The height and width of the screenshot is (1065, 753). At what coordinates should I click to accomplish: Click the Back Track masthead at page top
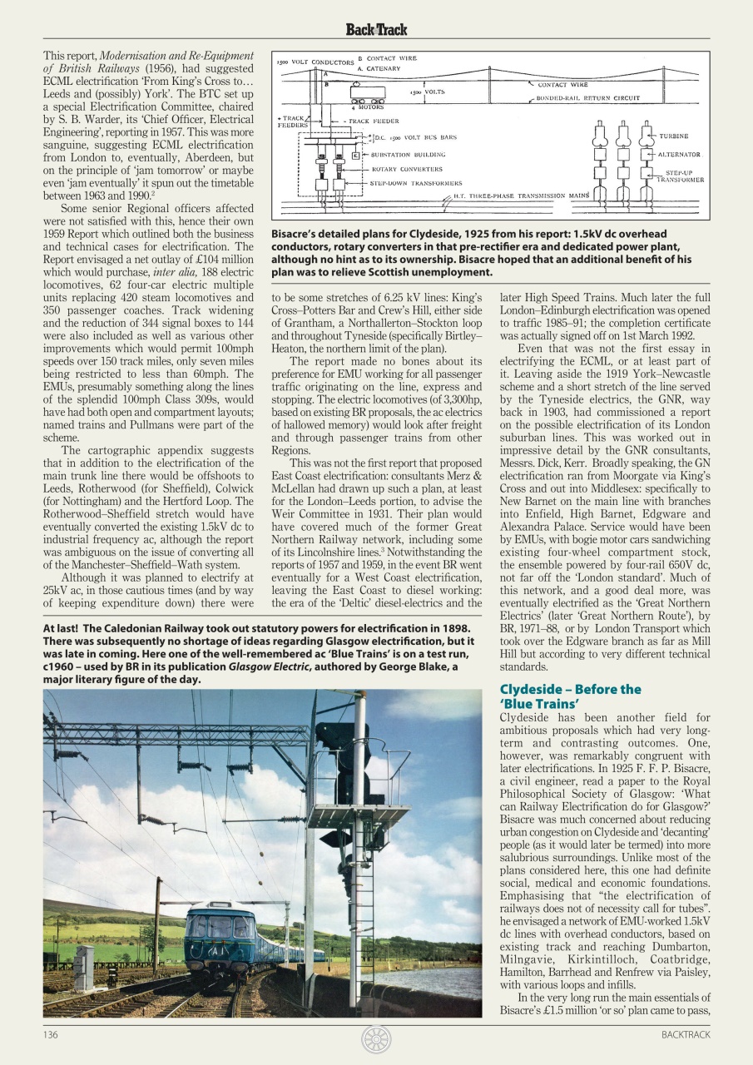coord(376,30)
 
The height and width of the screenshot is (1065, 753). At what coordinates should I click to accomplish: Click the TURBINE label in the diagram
coord(673,136)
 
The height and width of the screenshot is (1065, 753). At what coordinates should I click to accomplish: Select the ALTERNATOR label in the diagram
coord(679,155)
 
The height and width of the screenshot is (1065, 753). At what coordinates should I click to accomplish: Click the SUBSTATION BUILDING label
coord(407,155)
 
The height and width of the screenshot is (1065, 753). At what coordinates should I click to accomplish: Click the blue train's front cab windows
coord(209,925)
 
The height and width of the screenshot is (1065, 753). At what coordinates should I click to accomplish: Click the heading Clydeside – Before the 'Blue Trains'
coord(570,696)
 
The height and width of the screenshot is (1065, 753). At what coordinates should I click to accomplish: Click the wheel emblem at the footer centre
coord(376,1039)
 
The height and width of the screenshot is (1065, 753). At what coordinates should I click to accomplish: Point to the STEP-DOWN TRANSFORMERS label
coord(415,182)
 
